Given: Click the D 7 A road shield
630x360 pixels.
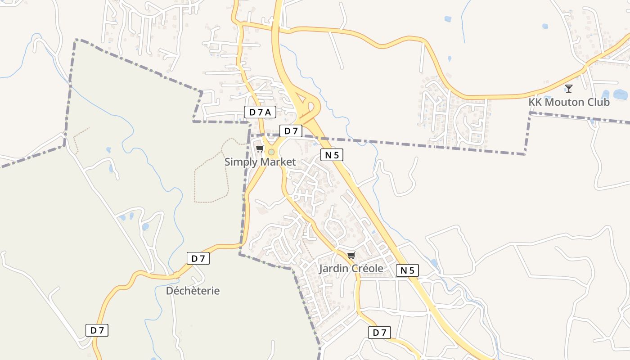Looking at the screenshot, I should click(260, 112).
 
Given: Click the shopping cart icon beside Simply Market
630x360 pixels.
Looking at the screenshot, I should click(260, 149).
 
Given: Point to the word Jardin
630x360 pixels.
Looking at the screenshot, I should click(333, 269).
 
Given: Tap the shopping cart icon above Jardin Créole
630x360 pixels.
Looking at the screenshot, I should click(351, 256).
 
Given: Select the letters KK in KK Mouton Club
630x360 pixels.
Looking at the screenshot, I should click(535, 102).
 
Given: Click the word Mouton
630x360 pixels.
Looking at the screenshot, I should click(564, 102).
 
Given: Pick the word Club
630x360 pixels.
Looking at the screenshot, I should click(598, 102).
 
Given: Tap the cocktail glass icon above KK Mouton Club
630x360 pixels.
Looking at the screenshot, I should click(569, 89).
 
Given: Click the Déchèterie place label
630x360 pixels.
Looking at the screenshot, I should click(193, 291).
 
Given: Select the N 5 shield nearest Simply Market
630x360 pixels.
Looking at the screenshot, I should click(332, 155).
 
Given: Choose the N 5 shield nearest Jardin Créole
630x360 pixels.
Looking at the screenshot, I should click(408, 270).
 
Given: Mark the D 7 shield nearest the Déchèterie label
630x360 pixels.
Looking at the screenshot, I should click(198, 259).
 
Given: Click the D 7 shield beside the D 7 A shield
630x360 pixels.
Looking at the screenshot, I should click(291, 131).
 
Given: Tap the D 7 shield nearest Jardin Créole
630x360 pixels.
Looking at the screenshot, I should click(379, 333).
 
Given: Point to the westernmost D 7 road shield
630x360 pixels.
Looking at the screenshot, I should click(97, 330).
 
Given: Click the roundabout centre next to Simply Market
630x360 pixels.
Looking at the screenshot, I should click(271, 152).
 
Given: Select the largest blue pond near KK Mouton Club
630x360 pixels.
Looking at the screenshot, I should click(620, 94).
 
